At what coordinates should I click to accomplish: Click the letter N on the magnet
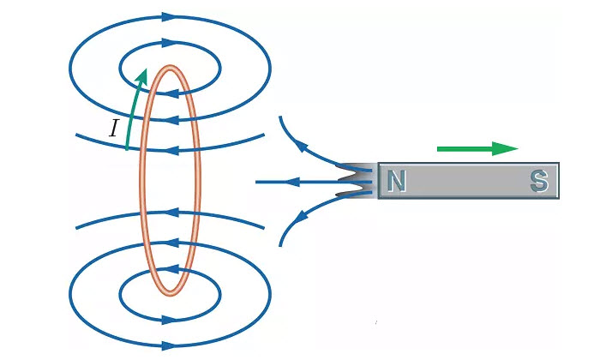tap(395, 181)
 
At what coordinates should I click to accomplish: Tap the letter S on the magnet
tap(538, 181)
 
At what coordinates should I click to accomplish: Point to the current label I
tap(113, 129)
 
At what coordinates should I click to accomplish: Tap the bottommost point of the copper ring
tap(169, 294)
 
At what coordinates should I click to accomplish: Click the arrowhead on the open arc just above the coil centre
tap(171, 149)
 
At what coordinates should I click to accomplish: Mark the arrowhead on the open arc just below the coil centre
tap(171, 210)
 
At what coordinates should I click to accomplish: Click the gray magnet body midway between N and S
tap(467, 181)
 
